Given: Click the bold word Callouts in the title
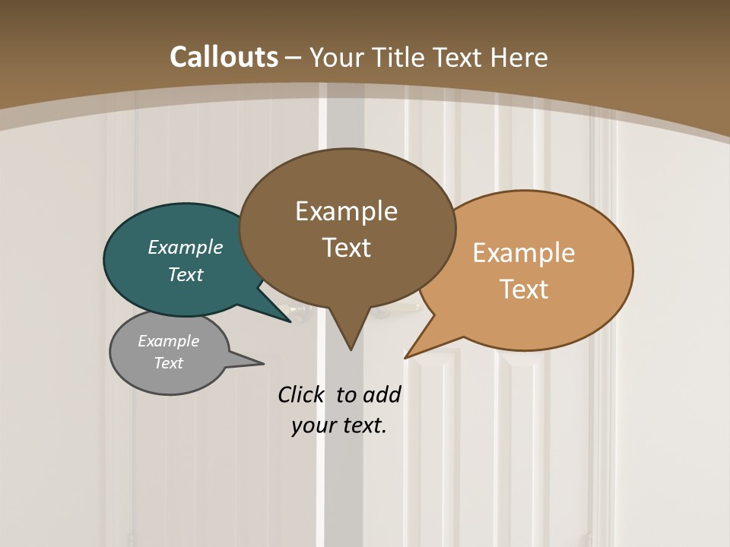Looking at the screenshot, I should pos(224,57).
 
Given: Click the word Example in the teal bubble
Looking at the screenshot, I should pos(185,247).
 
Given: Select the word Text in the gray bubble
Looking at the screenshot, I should pos(168,363).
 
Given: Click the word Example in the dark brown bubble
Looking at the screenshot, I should pos(346,210).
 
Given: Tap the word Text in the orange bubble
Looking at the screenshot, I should pos(524,289).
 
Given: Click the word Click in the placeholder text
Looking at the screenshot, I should pos(302,394).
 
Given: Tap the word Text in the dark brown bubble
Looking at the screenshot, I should pos(346,248).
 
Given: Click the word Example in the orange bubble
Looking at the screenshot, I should pos(524,252).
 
